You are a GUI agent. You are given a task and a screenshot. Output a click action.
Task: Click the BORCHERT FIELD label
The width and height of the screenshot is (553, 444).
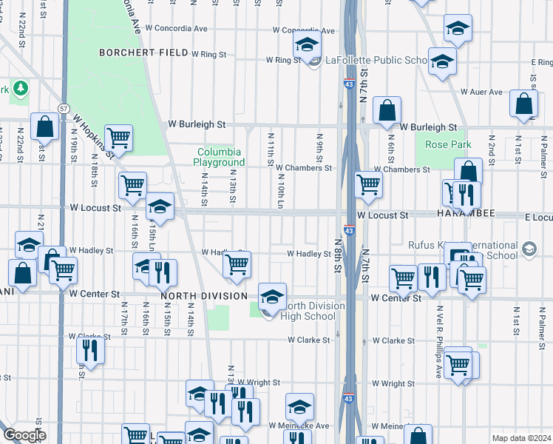(x=143, y=53)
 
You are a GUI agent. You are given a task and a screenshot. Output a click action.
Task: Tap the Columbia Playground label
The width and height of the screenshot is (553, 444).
(x=219, y=157)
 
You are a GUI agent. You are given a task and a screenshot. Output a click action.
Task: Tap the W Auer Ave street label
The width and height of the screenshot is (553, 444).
(x=481, y=92)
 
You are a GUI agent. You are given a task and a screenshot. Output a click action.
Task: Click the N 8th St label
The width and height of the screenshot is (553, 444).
(x=337, y=255)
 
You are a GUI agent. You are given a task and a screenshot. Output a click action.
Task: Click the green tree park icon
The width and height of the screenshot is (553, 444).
(x=20, y=89)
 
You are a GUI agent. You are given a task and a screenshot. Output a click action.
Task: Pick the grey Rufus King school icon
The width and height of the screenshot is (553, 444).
(x=528, y=249)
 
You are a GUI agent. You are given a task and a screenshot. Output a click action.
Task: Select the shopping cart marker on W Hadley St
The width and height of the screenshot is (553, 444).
(x=237, y=263)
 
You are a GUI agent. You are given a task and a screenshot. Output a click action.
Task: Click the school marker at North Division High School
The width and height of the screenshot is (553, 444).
(x=272, y=297)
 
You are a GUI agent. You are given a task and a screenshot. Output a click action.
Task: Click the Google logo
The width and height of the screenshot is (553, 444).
(x=24, y=435)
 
